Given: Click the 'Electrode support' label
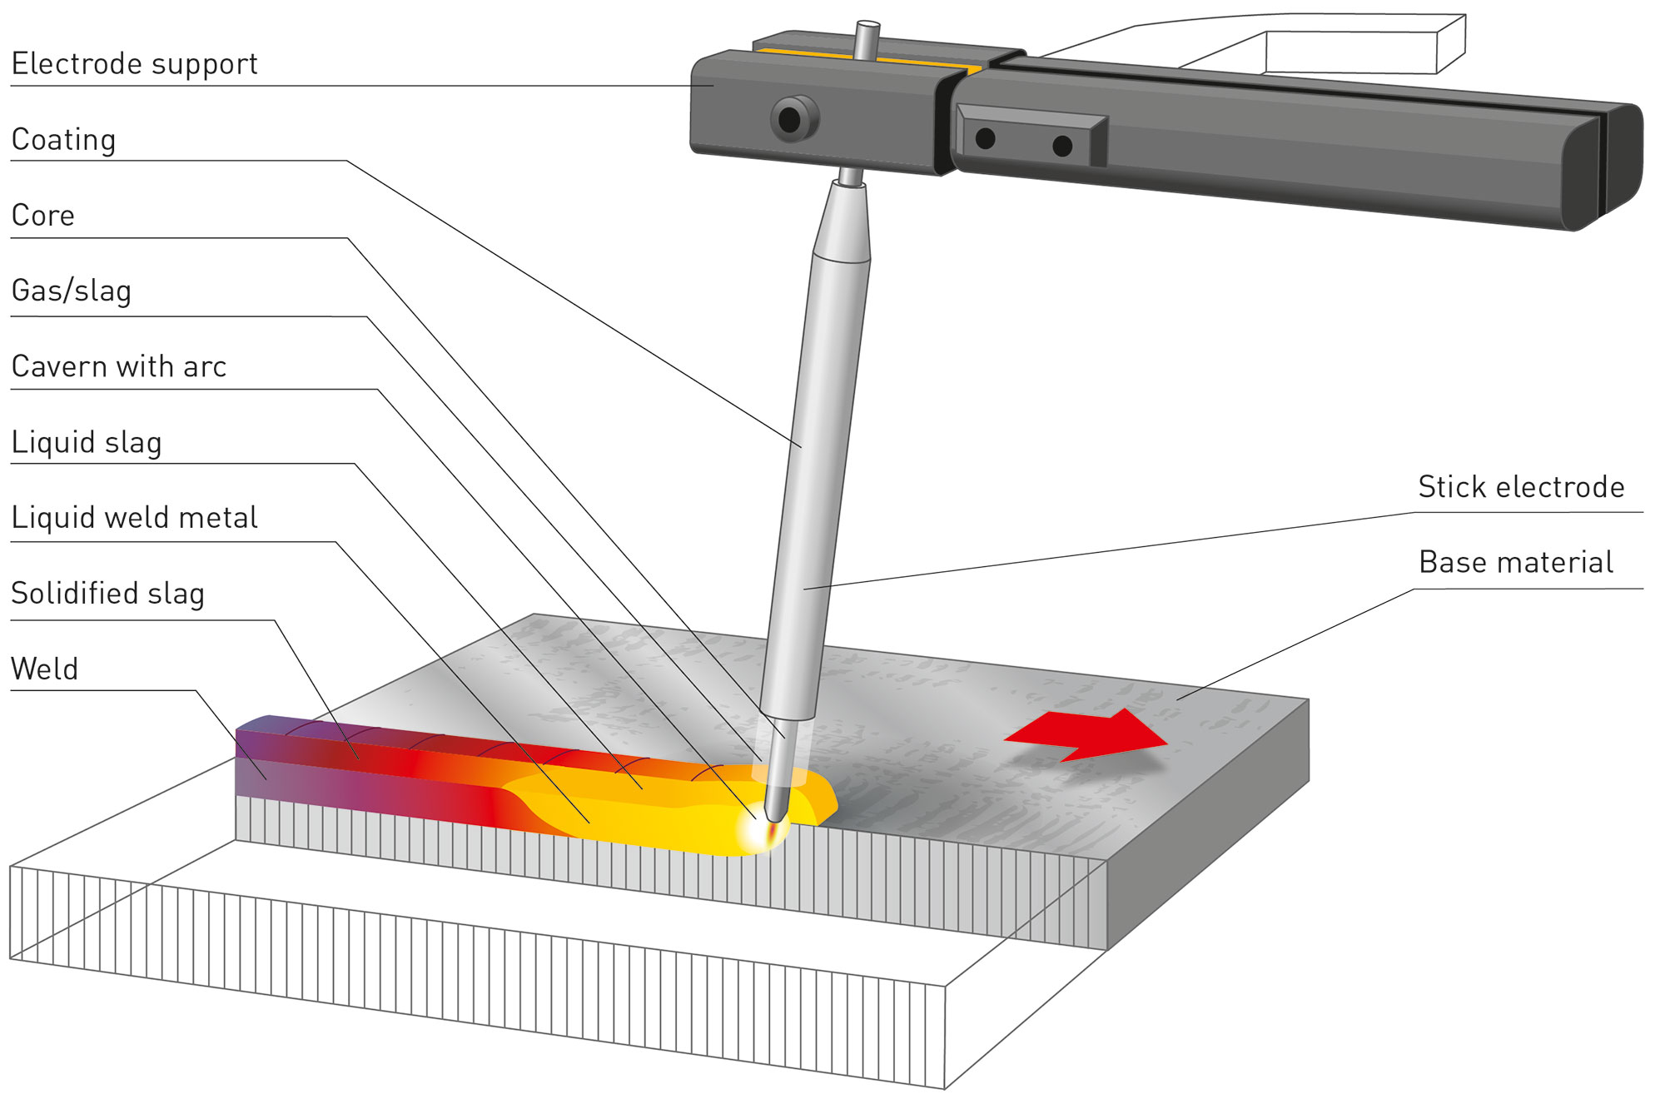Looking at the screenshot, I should tap(134, 64).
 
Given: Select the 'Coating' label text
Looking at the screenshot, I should tap(63, 140).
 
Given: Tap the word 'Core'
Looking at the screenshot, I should tap(43, 216).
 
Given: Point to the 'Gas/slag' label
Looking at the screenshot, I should tap(72, 291).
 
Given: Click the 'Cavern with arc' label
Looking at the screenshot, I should tap(119, 367).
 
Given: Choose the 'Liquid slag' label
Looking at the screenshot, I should tap(87, 443).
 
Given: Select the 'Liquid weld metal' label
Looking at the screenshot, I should tap(134, 518).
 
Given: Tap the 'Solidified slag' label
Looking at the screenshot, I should tap(107, 594).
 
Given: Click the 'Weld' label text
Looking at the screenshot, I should tap(45, 669).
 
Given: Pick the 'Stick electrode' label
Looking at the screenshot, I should tap(1521, 487).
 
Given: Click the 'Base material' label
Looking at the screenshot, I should tap(1516, 563).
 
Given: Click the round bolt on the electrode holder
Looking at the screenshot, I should tap(793, 119).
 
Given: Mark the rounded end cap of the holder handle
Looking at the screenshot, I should tap(1603, 167).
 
